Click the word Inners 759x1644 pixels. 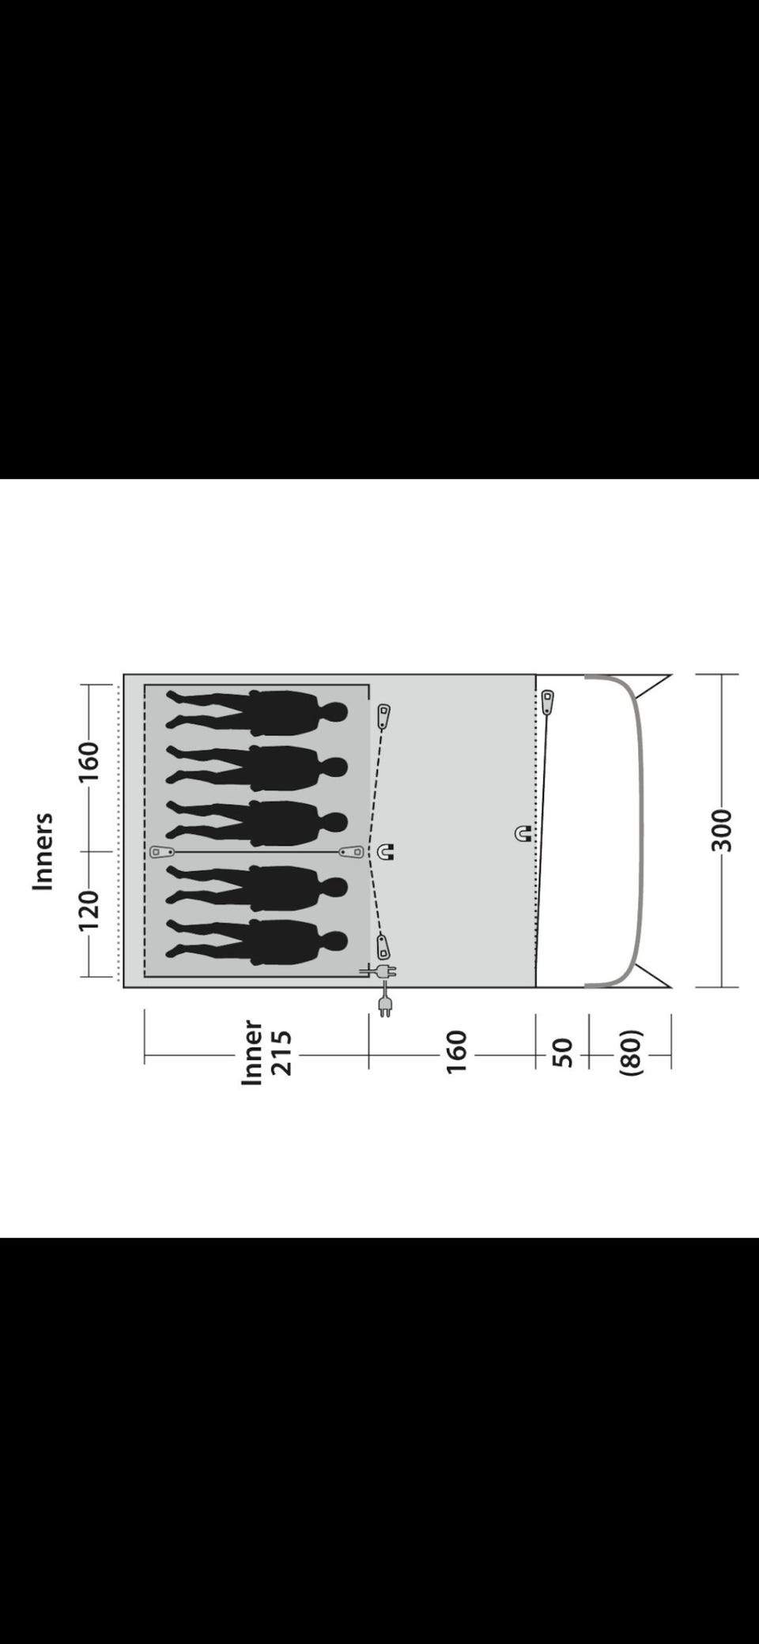click(x=43, y=851)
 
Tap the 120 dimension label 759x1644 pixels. click(x=89, y=911)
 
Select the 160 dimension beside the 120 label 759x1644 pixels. click(x=89, y=762)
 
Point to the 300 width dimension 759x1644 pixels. click(x=721, y=830)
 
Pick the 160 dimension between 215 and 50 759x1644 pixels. click(x=457, y=1051)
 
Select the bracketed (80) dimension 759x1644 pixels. click(x=630, y=1052)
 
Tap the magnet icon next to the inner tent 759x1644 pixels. click(x=385, y=852)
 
